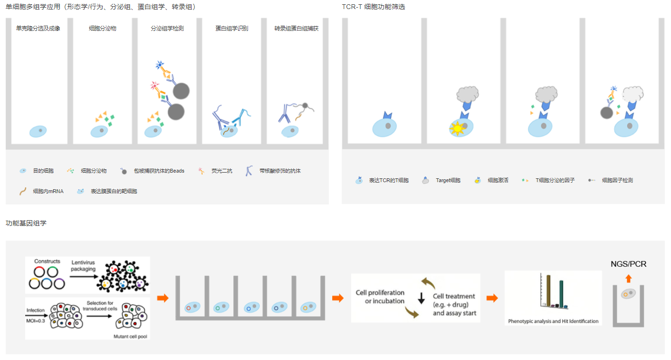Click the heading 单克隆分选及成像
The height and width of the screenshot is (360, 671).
pyautogui.click(x=38, y=29)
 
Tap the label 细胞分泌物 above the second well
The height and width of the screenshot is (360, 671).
pyautogui.click(x=103, y=29)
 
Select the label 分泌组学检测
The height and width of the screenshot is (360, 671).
pyautogui.click(x=167, y=29)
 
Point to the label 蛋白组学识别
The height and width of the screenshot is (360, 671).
pyautogui.click(x=231, y=29)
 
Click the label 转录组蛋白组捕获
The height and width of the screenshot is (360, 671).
pyautogui.click(x=296, y=29)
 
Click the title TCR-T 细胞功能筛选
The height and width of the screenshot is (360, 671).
pyautogui.click(x=374, y=7)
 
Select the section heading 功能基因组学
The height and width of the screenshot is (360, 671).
pyautogui.click(x=26, y=223)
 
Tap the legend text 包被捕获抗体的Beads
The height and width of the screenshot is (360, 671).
pyautogui.click(x=159, y=171)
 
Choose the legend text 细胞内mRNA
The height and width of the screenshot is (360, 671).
pyautogui.click(x=48, y=191)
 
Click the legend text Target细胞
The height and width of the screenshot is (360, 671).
pyautogui.click(x=448, y=181)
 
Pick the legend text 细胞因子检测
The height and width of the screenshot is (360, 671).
pyautogui.click(x=617, y=181)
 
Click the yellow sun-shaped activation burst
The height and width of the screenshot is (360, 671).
pyautogui.click(x=457, y=128)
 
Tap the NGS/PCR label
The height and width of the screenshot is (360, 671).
pyautogui.click(x=628, y=264)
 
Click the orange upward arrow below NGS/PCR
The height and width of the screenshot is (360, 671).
pyautogui.click(x=628, y=279)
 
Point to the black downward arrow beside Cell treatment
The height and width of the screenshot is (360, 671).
pyautogui.click(x=421, y=299)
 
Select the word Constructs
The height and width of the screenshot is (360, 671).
pyautogui.click(x=48, y=262)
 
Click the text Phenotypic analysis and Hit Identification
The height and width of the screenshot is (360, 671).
pyautogui.click(x=553, y=321)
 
